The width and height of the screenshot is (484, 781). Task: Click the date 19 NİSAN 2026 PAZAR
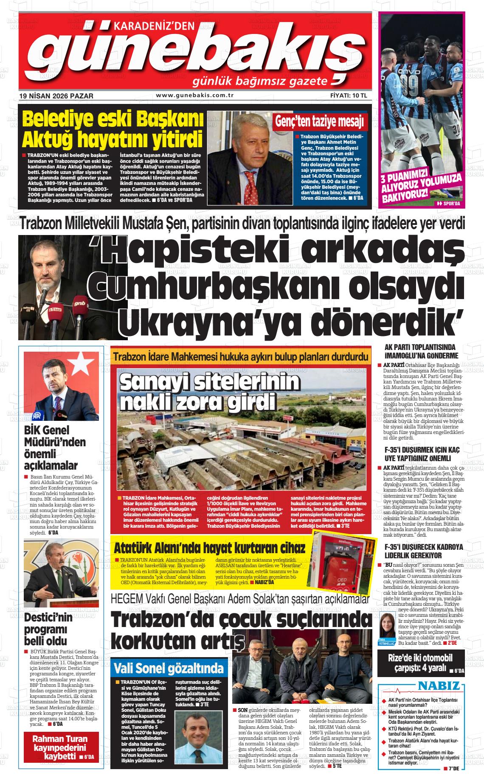click(56, 96)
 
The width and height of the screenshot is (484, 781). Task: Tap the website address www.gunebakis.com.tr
click(195, 95)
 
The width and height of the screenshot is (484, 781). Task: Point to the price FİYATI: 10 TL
click(348, 95)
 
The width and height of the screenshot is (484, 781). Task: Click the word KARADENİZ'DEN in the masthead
click(154, 26)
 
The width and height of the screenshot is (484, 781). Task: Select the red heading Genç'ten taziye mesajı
click(320, 122)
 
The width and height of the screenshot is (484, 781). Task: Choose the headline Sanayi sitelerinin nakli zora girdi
click(209, 391)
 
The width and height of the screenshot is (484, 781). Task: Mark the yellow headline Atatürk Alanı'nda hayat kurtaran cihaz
click(209, 547)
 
